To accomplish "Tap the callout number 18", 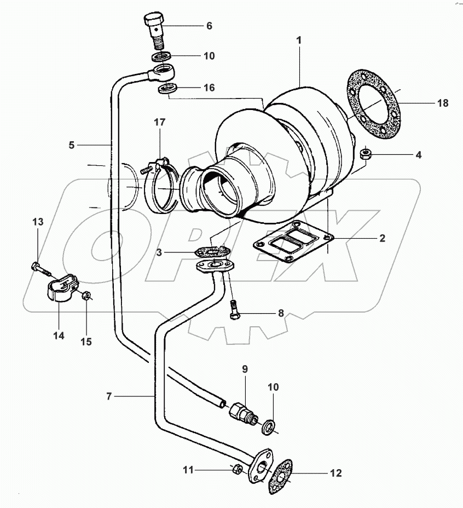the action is [443, 103].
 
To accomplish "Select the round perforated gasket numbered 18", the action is [374, 106].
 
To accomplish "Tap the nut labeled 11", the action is [237, 469].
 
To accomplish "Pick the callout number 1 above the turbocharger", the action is [299, 40].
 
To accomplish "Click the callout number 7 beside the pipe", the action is [109, 396].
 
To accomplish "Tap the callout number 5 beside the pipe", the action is [72, 145].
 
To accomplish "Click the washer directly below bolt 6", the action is [161, 56].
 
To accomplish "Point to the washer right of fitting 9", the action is [268, 427].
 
